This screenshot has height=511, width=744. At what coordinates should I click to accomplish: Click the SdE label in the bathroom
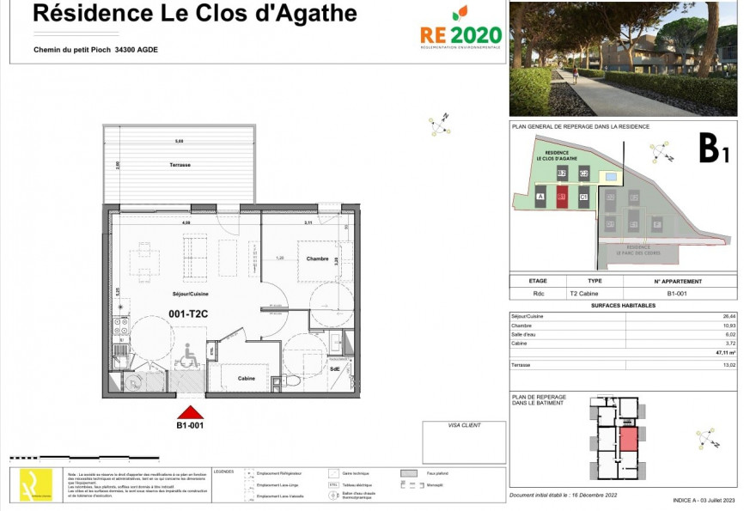333,369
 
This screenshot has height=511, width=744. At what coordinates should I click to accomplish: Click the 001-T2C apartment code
189,313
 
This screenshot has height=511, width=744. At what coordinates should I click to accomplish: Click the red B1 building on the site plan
561,197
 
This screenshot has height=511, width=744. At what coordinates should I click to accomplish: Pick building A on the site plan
540,197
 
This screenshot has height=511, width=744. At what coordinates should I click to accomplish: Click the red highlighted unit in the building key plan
628,439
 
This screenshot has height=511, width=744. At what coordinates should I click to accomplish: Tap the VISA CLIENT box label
464,425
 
